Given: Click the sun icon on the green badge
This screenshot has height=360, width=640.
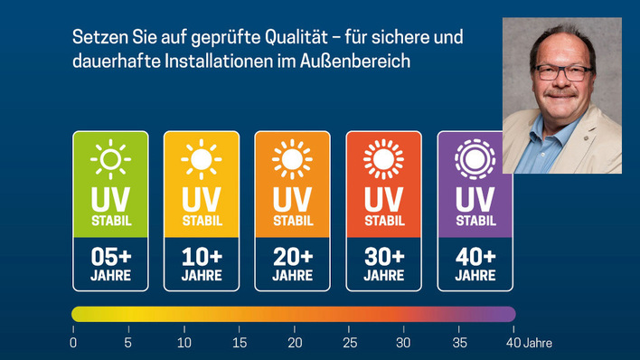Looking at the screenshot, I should [x=110, y=160].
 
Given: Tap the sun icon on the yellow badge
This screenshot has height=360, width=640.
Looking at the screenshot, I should [x=201, y=160].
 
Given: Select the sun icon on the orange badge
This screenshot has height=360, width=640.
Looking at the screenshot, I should [x=292, y=160].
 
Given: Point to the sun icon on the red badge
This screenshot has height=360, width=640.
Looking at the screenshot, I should [x=383, y=160].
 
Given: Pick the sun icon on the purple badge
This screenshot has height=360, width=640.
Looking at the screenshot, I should [x=475, y=160].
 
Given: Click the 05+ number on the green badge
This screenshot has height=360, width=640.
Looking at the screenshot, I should [x=110, y=256].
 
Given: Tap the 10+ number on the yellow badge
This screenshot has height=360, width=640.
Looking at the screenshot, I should [x=201, y=256].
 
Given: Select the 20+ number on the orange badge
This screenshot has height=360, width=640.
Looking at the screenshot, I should [x=292, y=256].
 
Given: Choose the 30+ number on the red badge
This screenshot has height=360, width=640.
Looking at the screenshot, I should [x=383, y=256].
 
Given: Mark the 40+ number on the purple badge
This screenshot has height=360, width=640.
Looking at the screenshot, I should [x=475, y=256].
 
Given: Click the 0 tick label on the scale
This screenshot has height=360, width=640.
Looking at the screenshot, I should [x=73, y=343].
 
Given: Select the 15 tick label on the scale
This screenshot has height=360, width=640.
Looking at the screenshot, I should [x=239, y=343].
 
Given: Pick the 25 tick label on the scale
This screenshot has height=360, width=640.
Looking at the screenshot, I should [x=349, y=343].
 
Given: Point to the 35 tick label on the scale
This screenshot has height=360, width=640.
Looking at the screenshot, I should [x=459, y=343].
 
